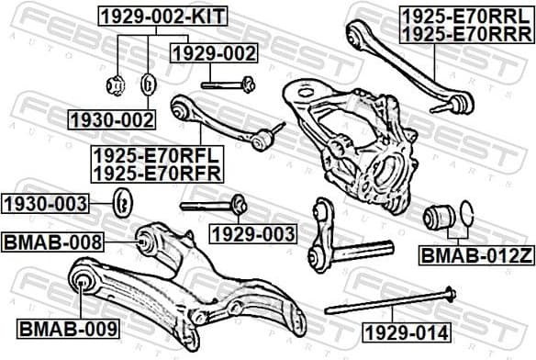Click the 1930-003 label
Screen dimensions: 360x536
click(x=45, y=203)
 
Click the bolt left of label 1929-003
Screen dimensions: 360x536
click(x=210, y=205)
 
